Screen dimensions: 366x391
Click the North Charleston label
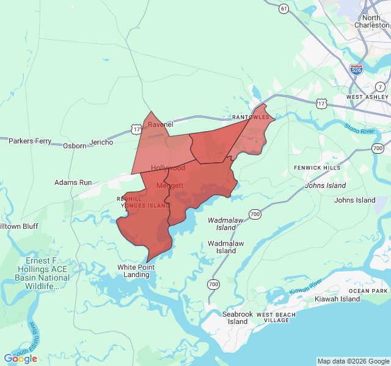(x=371, y=21)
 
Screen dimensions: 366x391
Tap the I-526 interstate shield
(x=357, y=70)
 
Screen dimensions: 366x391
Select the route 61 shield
(x=283, y=9)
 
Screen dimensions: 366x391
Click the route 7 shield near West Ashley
(x=381, y=87)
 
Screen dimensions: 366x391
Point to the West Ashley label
(x=367, y=97)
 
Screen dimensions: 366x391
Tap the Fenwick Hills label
(x=317, y=168)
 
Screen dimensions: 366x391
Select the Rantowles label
(x=250, y=117)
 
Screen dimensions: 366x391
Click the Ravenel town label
(x=161, y=125)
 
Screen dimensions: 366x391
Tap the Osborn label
(x=75, y=146)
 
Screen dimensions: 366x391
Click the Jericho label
(x=101, y=142)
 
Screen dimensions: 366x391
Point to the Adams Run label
(x=73, y=182)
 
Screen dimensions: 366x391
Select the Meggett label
(x=169, y=185)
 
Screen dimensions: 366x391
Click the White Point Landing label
(x=136, y=271)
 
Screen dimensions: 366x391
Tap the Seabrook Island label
(x=238, y=318)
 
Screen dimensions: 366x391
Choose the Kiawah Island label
(x=337, y=299)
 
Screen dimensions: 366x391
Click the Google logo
(x=20, y=359)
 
